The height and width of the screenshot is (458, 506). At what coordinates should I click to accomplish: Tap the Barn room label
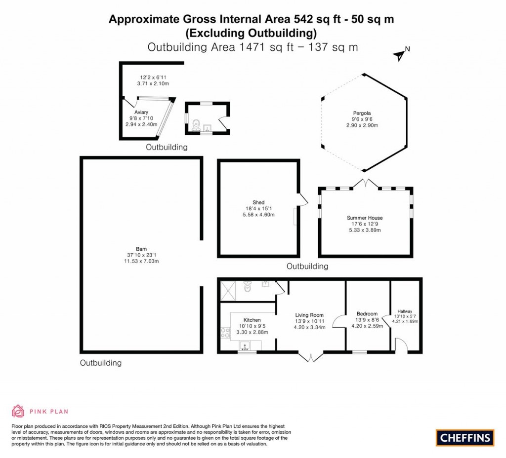click(142, 249)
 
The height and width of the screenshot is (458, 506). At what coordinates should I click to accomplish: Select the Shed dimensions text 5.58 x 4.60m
click(258, 215)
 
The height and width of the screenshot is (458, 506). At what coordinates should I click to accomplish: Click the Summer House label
click(365, 218)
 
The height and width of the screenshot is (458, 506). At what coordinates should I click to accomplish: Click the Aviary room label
click(141, 113)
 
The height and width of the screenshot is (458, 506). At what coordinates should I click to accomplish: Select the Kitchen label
click(252, 320)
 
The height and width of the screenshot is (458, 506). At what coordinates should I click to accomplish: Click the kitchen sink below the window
click(245, 346)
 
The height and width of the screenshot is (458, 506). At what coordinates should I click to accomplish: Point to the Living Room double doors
click(310, 357)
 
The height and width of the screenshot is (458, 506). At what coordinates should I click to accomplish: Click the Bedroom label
click(367, 314)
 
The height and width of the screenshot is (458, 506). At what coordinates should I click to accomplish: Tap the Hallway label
click(405, 311)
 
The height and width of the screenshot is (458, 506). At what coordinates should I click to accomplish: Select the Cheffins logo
click(465, 437)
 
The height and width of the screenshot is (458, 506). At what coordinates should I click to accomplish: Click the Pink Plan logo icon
click(18, 411)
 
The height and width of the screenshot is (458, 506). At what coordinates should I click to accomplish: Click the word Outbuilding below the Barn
click(101, 363)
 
